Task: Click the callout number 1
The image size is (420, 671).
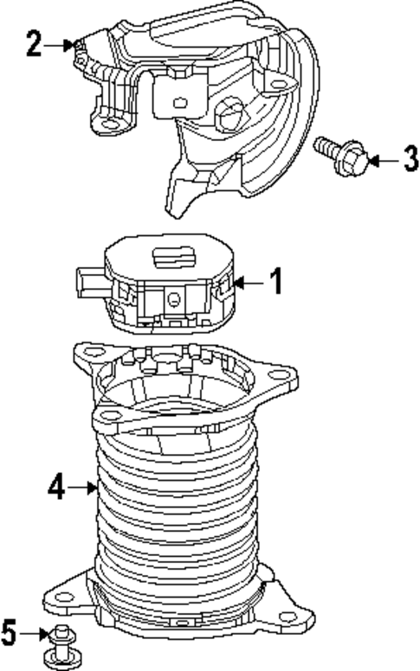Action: tap(275, 282)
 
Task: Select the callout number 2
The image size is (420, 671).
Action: tap(33, 44)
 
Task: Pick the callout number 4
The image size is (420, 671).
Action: tap(55, 489)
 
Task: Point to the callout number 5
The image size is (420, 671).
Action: tap(10, 635)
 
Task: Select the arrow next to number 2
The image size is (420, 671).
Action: tap(61, 44)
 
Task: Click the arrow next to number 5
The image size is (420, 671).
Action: tap(38, 635)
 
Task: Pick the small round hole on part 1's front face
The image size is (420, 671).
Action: tap(174, 299)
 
